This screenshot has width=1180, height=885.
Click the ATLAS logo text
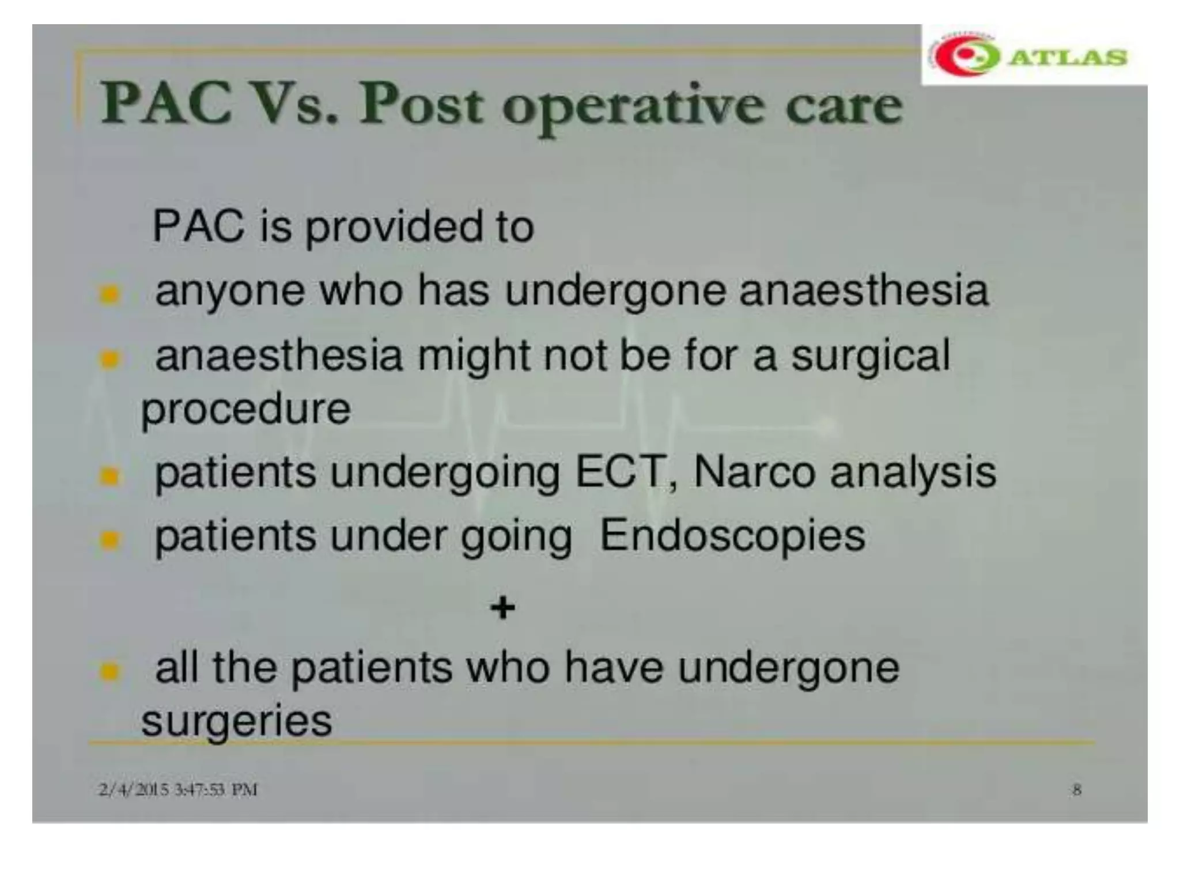tap(1069, 57)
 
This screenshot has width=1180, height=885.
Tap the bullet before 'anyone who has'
tap(109, 294)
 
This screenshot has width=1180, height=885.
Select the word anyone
tap(230, 292)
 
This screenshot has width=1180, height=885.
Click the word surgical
tap(870, 357)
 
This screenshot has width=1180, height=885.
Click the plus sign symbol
tap(502, 607)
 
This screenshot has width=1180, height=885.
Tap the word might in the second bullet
tap(473, 357)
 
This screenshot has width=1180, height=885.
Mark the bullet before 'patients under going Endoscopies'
tap(109, 540)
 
